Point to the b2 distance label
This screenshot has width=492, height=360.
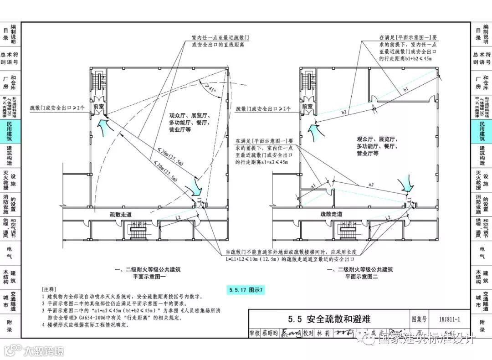[344, 111]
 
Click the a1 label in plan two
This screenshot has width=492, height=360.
[313, 186]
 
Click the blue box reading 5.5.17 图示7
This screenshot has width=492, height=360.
[246, 289]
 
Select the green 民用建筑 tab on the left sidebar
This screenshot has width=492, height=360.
[10, 132]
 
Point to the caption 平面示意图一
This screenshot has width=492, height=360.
[149, 276]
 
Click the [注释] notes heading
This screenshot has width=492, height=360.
[49, 289]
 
